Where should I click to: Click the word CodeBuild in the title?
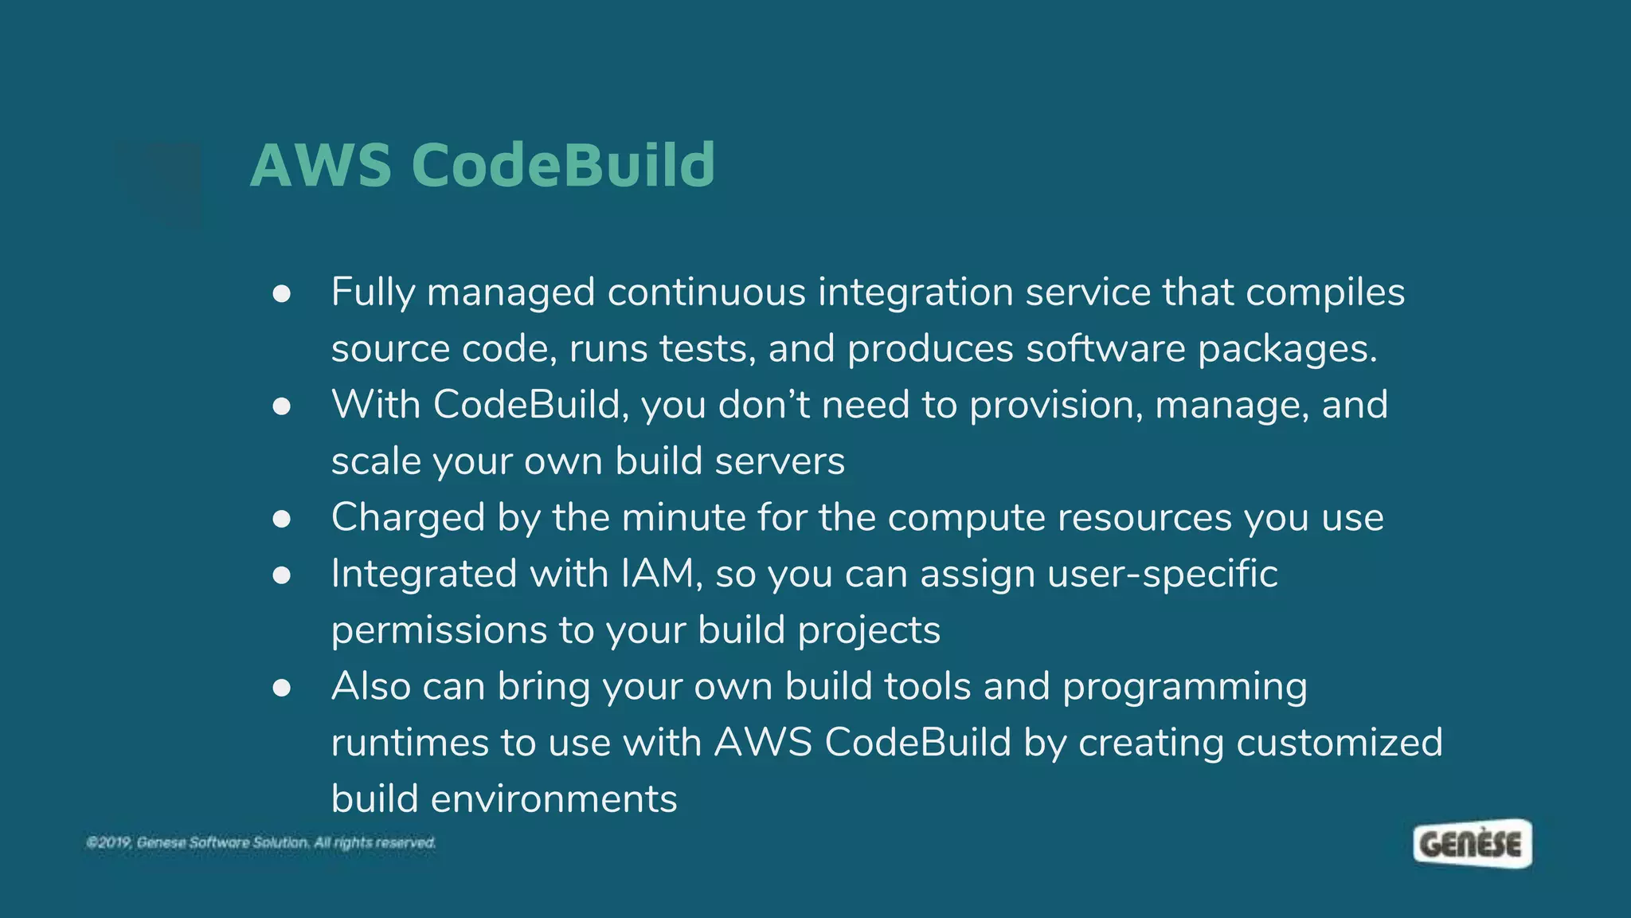pos(563,166)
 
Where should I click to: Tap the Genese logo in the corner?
pos(1472,843)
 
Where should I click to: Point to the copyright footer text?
pos(261,842)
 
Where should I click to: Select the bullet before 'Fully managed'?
pos(281,294)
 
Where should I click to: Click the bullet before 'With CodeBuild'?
pos(281,406)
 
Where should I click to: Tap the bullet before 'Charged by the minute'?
pos(281,519)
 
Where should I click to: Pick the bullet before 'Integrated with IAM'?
pos(281,575)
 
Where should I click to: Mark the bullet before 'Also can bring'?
pos(281,688)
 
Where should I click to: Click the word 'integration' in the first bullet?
pos(915,293)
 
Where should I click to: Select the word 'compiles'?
pos(1325,293)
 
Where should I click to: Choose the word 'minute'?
pos(683,518)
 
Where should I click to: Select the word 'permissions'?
pos(439,631)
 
